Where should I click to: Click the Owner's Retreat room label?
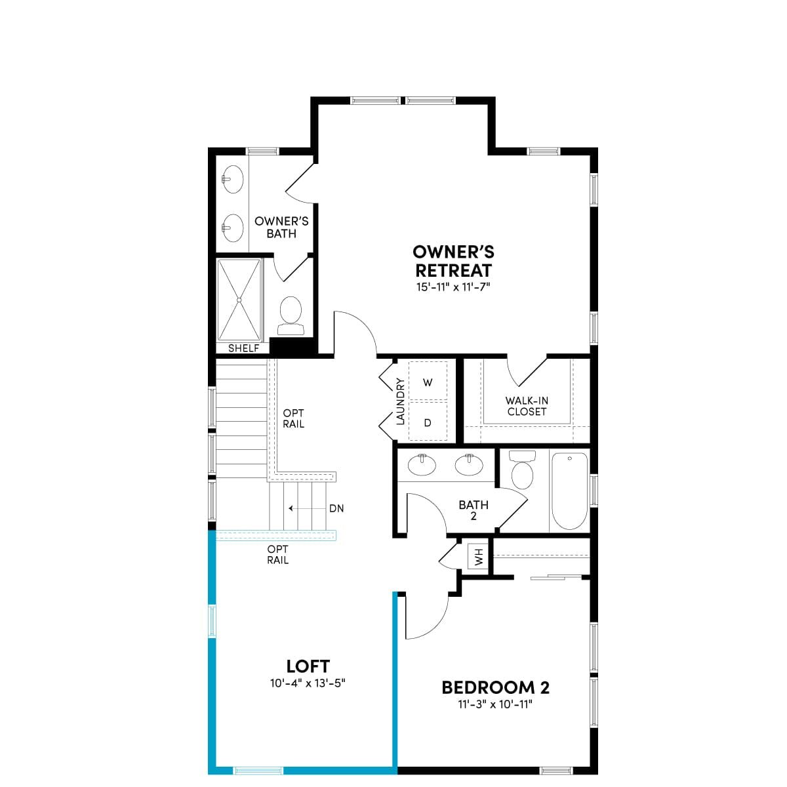click(x=453, y=261)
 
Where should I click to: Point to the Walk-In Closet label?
click(x=527, y=406)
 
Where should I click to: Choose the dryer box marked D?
click(x=428, y=421)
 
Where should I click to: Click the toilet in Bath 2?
click(x=522, y=469)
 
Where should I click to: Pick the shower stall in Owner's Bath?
click(x=239, y=300)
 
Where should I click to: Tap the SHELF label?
click(x=243, y=348)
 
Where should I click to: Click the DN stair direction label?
click(x=336, y=508)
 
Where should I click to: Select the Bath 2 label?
click(x=474, y=510)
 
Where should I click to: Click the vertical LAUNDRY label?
click(x=400, y=401)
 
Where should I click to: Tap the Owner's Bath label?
click(x=281, y=228)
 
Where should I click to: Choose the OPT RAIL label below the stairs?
click(x=277, y=554)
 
